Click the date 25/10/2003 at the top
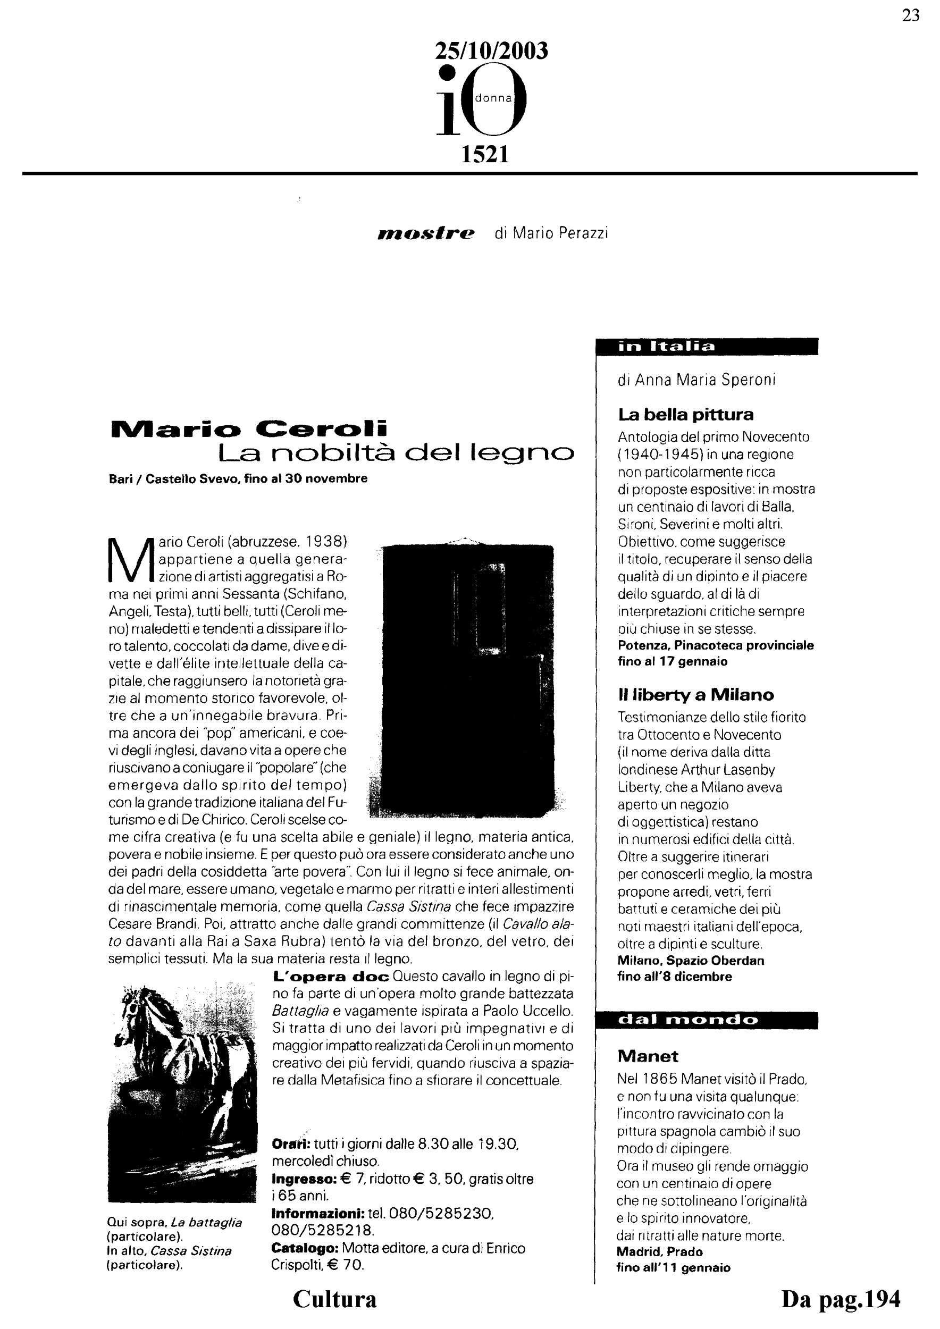[x=491, y=52]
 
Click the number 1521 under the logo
[x=484, y=155]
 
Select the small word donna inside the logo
[x=493, y=98]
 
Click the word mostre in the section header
[x=426, y=233]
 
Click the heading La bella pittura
[x=686, y=415]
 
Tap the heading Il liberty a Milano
[x=696, y=695]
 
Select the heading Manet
[x=648, y=1056]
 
